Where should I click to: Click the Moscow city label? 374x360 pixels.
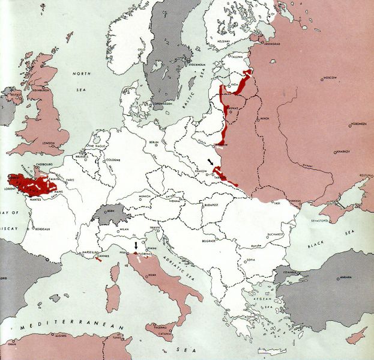tap(331, 79)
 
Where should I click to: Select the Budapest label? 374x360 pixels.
tap(214, 204)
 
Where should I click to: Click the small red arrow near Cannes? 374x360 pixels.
tap(97, 259)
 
